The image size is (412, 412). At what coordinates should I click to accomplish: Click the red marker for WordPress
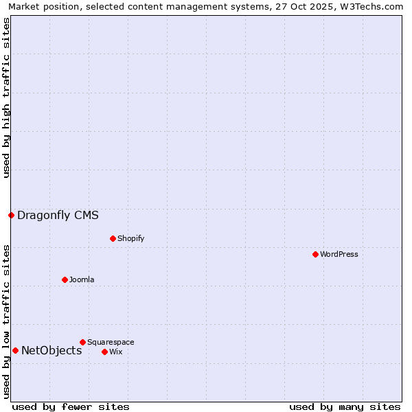click(315, 254)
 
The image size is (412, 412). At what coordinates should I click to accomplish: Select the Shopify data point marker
click(113, 238)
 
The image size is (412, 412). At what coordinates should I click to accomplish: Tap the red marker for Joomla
click(65, 279)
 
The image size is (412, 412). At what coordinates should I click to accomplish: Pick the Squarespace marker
click(82, 342)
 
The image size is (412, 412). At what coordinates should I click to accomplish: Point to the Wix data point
click(104, 352)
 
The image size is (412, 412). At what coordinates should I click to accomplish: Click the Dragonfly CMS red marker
click(11, 215)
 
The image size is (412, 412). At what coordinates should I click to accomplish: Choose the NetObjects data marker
click(15, 350)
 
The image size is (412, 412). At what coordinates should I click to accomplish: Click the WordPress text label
click(339, 254)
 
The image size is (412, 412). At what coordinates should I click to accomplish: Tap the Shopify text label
click(130, 238)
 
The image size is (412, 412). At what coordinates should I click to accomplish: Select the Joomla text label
click(82, 279)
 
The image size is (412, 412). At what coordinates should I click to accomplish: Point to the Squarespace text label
click(111, 342)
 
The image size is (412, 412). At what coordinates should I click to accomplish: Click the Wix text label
click(115, 352)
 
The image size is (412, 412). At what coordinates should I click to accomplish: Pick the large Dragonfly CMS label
click(58, 215)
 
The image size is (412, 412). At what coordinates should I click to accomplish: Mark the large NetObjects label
click(51, 350)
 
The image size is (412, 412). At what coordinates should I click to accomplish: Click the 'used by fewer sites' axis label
click(71, 407)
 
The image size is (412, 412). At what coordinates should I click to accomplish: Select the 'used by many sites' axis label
click(345, 407)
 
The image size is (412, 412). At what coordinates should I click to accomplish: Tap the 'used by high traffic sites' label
click(7, 98)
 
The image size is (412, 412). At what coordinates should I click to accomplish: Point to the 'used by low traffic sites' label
click(7, 321)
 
